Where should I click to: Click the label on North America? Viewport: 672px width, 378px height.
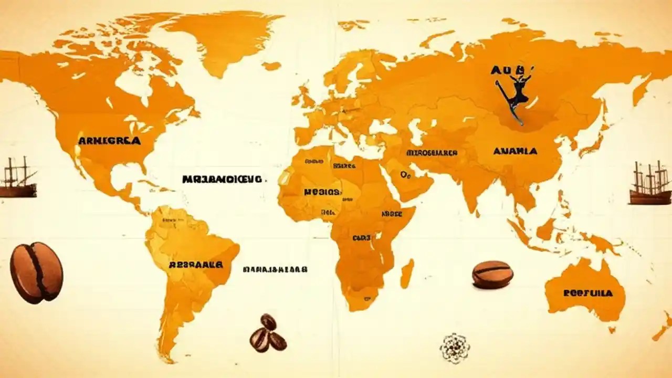pyautogui.click(x=109, y=141)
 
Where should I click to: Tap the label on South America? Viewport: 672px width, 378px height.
pyautogui.click(x=196, y=265)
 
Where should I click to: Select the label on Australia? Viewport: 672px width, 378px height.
pyautogui.click(x=588, y=293)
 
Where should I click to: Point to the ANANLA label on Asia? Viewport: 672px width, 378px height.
pyautogui.click(x=515, y=151)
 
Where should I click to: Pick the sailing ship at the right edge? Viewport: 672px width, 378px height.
pyautogui.click(x=650, y=184)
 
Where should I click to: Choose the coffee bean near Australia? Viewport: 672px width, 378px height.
pyautogui.click(x=492, y=275)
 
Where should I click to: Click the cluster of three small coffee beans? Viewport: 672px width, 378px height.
pyautogui.click(x=268, y=334)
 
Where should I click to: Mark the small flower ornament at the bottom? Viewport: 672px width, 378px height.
pyautogui.click(x=455, y=348)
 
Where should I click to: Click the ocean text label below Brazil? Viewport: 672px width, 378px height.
pyautogui.click(x=275, y=269)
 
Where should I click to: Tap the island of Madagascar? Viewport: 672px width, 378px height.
pyautogui.click(x=407, y=273)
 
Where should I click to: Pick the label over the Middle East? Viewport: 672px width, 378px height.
pyautogui.click(x=432, y=153)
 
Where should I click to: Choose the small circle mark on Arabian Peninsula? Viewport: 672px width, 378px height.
pyautogui.click(x=405, y=174)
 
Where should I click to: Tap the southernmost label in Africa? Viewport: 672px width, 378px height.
pyautogui.click(x=361, y=238)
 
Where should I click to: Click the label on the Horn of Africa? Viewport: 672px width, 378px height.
pyautogui.click(x=391, y=214)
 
